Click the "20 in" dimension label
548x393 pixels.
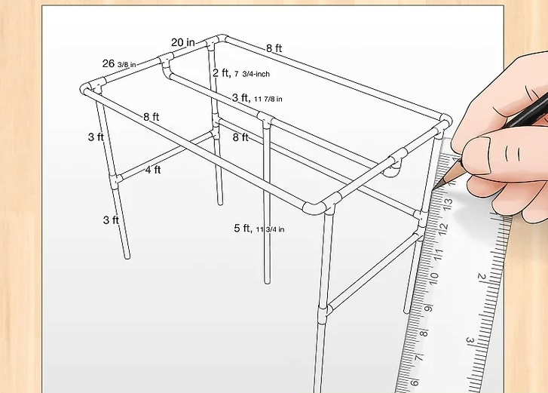182,42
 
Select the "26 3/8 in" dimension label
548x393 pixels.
119,63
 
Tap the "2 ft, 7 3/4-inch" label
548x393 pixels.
241,73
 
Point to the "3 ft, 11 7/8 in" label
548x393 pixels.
257,98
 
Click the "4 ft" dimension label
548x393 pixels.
153,170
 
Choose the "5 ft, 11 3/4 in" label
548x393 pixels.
259,229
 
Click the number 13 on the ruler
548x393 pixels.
449,203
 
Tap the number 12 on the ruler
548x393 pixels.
443,229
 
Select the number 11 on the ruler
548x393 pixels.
439,254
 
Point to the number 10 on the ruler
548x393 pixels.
433,279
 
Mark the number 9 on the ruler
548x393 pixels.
428,309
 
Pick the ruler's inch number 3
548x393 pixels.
470,340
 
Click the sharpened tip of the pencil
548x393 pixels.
434,189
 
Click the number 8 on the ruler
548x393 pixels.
423,333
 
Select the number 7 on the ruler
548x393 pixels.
418,358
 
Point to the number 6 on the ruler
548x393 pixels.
414,382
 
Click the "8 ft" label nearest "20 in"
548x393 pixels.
274,48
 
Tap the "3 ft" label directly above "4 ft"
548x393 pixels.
96,137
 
